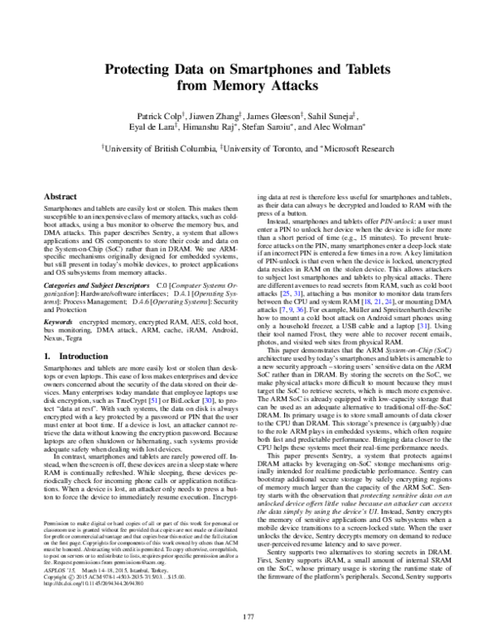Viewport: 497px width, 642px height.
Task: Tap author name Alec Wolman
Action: tap(338, 127)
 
